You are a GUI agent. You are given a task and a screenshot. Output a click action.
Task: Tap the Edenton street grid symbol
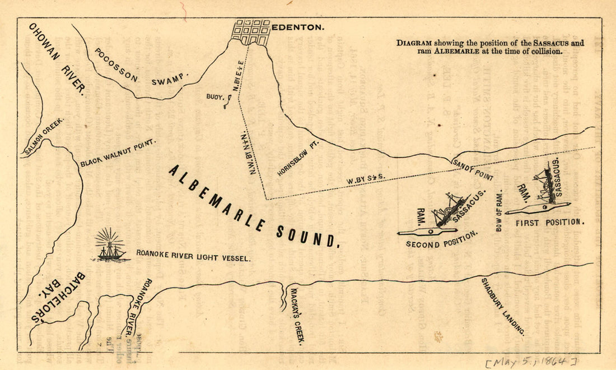click(x=251, y=32)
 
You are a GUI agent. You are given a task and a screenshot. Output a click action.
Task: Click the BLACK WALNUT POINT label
click(x=117, y=154)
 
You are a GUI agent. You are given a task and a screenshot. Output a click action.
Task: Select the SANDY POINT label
click(x=473, y=169)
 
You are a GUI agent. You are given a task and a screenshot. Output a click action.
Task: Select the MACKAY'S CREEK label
click(x=297, y=317)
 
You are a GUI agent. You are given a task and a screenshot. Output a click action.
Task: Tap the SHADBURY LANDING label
click(x=503, y=306)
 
